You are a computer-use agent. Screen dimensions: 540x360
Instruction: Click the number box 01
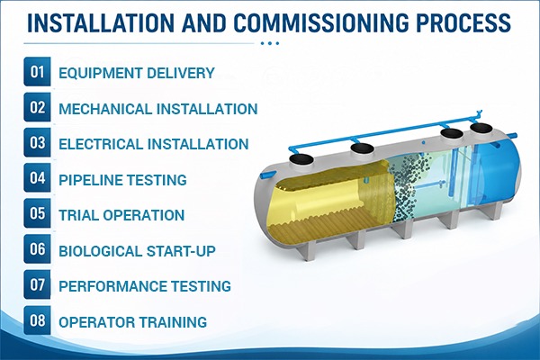pyautogui.click(x=37, y=72)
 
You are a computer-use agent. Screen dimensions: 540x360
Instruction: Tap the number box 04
pyautogui.click(x=37, y=178)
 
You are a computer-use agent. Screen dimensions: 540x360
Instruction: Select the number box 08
pyautogui.click(x=37, y=320)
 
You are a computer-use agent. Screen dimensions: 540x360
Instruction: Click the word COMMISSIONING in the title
pyautogui.click(x=321, y=22)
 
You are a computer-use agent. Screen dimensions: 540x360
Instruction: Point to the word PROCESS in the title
pyautogui.click(x=463, y=22)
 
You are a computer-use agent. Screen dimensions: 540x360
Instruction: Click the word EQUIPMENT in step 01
pyautogui.click(x=100, y=73)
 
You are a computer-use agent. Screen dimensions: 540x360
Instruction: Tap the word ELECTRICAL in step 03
pyautogui.click(x=101, y=144)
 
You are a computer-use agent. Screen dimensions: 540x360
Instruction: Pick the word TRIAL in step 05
pyautogui.click(x=78, y=215)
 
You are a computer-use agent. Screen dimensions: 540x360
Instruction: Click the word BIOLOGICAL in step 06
pyautogui.click(x=100, y=251)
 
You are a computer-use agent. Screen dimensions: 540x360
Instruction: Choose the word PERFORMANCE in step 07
pyautogui.click(x=112, y=286)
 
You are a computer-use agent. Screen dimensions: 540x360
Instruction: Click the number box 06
pyautogui.click(x=37, y=248)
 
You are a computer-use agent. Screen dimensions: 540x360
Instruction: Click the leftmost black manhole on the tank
pyautogui.click(x=301, y=159)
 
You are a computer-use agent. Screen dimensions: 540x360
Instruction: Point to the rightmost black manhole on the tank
pyautogui.click(x=481, y=128)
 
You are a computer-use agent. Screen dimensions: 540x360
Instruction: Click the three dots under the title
pyautogui.click(x=270, y=43)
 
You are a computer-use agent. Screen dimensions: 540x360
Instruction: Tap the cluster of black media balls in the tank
pyautogui.click(x=408, y=183)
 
